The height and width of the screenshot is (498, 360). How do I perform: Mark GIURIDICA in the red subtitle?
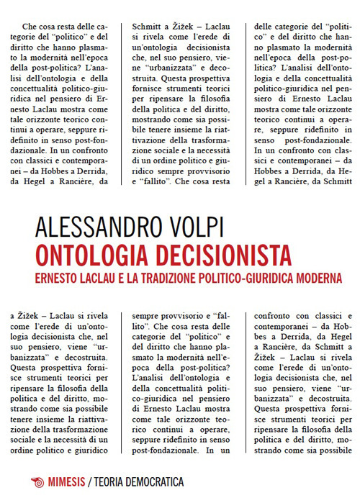289,277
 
